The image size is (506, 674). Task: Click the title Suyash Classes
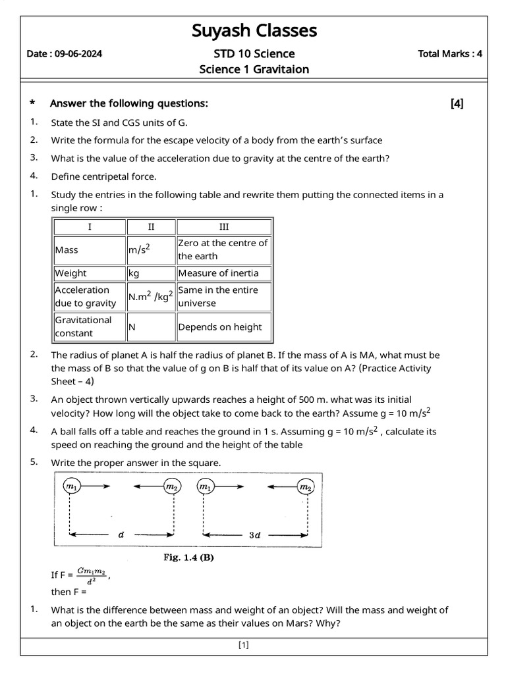pos(254,30)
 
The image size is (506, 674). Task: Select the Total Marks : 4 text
pos(449,54)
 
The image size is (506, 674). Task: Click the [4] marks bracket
pos(457,103)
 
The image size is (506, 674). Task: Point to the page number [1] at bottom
pos(244,645)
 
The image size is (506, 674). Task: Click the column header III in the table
pos(224,226)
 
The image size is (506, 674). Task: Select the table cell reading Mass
pos(67,249)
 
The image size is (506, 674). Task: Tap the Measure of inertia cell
pos(218,273)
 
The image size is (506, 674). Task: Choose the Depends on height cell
pos(219,326)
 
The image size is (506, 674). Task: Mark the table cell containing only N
pos(132,326)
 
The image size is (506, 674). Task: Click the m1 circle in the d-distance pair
pos(70,486)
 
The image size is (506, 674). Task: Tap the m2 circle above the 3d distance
pos(306,487)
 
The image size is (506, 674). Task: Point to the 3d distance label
pos(254,535)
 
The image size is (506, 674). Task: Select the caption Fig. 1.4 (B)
pos(188,557)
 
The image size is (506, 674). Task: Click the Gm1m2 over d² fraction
pos(91,575)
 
